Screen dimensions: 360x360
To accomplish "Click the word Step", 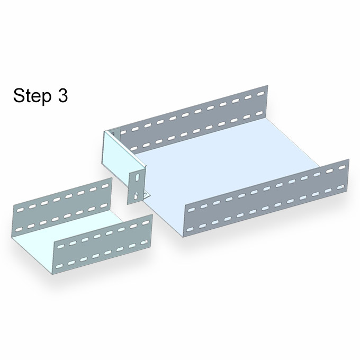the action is click(32, 96).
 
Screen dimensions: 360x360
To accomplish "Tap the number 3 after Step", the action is click(62, 95).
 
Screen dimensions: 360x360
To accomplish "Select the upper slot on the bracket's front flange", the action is click(137, 178).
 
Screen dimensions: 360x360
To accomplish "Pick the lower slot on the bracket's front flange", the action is click(136, 195).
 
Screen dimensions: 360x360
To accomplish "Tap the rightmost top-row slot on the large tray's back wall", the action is click(260, 94).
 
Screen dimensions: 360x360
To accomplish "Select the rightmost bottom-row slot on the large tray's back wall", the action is click(259, 114).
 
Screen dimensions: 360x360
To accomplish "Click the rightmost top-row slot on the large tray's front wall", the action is click(342, 167).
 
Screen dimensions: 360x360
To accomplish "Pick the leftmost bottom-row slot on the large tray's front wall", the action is click(190, 229).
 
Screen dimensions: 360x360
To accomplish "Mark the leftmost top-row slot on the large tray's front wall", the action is click(192, 209).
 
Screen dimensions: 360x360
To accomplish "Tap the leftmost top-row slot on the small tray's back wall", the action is click(21, 210).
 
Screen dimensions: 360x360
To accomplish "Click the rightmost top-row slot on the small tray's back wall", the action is click(105, 186).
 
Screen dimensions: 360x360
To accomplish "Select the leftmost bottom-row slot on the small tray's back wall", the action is click(19, 229).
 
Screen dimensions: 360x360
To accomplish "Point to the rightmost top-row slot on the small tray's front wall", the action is click(146, 223).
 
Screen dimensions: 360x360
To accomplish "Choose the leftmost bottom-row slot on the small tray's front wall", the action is click(59, 266).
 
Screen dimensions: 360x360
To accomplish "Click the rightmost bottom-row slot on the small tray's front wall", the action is click(144, 242).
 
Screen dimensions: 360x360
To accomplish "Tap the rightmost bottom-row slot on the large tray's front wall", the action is click(341, 187).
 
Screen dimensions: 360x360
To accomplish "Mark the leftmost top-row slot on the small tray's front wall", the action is click(60, 246).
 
